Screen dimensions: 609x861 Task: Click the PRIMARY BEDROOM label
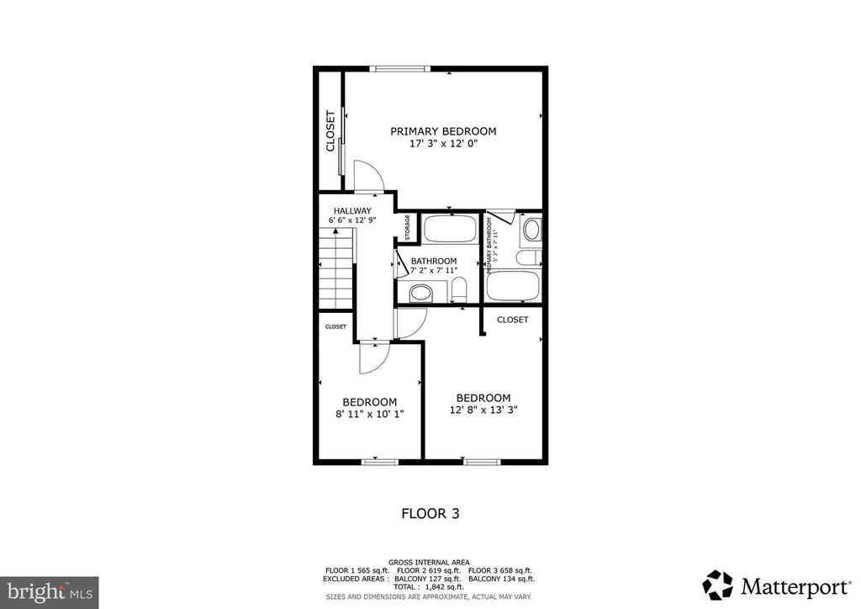443,131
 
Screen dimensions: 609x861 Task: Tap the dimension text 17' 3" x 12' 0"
443,144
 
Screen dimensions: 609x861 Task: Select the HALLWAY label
351,211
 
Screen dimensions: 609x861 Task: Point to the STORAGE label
408,228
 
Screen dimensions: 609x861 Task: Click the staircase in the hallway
337,273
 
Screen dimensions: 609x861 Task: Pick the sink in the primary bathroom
532,229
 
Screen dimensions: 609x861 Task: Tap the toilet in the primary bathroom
531,258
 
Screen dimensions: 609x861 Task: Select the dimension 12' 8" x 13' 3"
483,410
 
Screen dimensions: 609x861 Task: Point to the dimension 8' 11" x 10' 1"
369,414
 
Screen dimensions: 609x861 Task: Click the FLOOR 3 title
430,512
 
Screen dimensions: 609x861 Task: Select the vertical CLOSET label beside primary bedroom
330,131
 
